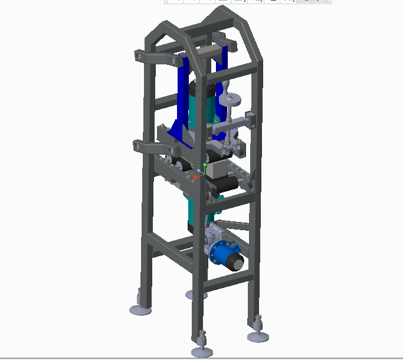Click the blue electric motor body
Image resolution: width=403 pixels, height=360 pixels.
[x=224, y=255]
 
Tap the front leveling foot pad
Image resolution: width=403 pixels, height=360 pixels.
[x=201, y=352]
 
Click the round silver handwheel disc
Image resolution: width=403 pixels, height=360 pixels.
[x=230, y=101]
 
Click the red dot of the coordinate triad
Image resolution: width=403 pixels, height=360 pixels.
[x=196, y=176]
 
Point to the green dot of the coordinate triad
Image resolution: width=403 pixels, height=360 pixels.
[x=205, y=165]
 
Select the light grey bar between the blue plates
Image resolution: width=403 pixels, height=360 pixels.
[x=208, y=53]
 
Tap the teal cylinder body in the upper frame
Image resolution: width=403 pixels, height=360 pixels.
[x=199, y=112]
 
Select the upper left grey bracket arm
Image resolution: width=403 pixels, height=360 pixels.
[x=155, y=58]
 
